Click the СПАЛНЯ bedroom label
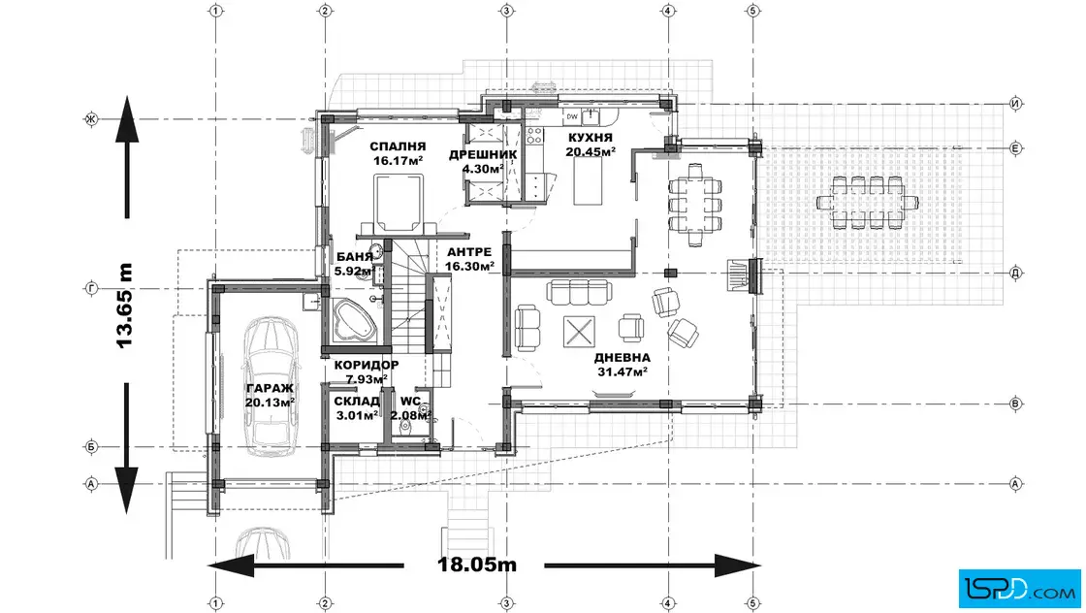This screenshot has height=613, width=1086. (x=398, y=146)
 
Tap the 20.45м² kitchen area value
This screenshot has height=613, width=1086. (x=591, y=151)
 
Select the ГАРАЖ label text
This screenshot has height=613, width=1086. (x=270, y=389)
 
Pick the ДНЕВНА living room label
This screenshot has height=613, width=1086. (x=622, y=357)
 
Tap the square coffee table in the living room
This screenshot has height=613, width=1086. (x=579, y=332)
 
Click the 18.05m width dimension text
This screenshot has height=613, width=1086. (x=477, y=565)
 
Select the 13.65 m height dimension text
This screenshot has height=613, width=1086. (x=124, y=306)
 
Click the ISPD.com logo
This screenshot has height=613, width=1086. (x=1019, y=589)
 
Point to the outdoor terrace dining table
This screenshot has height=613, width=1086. (x=867, y=203)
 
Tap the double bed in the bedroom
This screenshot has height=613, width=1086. (x=398, y=206)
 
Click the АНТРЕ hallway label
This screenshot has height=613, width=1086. (x=469, y=252)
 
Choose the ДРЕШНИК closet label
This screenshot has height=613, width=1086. (x=483, y=154)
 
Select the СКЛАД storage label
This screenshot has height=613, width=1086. (x=357, y=401)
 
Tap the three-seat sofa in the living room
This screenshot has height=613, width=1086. (x=579, y=292)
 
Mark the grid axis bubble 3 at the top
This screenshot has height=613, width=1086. (x=506, y=11)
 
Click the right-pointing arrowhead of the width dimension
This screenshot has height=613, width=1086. (x=738, y=565)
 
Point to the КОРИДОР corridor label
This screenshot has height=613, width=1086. (x=367, y=365)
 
